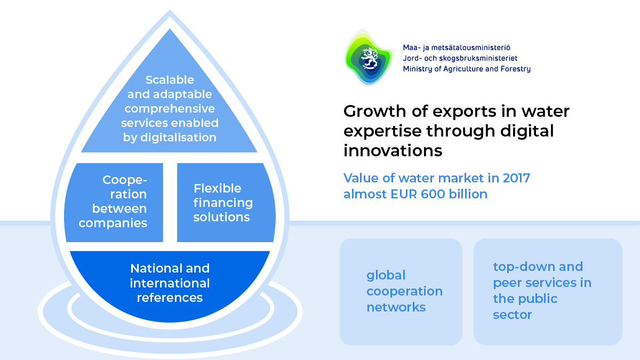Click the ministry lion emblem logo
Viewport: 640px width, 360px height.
pos(369,58)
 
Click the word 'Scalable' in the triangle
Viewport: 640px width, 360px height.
pos(170,79)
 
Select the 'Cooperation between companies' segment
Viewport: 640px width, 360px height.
pos(114,202)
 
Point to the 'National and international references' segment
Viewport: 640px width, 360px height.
pos(170,283)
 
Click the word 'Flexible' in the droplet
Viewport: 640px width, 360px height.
pos(217,188)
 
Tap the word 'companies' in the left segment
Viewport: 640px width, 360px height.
pos(113,223)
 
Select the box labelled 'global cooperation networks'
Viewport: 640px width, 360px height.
pos(401,291)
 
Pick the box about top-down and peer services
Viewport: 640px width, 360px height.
pos(548,291)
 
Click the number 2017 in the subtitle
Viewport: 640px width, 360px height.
pos(514,178)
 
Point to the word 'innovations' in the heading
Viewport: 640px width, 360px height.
pos(393,151)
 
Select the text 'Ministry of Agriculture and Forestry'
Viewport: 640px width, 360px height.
pos(467,69)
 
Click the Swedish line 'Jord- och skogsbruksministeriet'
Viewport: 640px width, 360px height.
pos(460,58)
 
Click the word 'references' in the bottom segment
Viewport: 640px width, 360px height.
pos(170,298)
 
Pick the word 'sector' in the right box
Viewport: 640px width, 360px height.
pos(512,315)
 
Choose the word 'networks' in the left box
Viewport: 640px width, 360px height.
pos(396,307)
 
